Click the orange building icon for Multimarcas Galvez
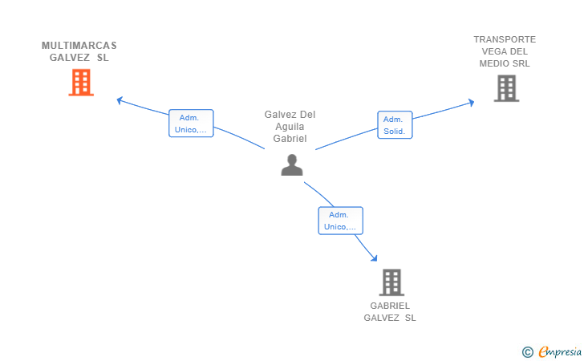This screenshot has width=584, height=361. [x=81, y=83]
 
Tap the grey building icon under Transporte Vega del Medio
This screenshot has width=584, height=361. [x=506, y=88]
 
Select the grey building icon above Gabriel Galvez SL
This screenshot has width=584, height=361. [x=391, y=282]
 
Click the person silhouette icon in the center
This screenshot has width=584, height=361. [x=292, y=164]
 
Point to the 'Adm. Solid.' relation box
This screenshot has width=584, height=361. [x=395, y=125]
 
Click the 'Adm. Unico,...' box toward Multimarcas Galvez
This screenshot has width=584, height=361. [x=191, y=124]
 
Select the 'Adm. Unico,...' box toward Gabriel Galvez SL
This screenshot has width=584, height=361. [x=340, y=221]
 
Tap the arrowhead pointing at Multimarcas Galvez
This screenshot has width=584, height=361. [x=120, y=100]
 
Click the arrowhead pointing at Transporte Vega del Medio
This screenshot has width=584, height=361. [x=472, y=103]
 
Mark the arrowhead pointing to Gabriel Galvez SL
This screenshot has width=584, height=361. [x=375, y=258]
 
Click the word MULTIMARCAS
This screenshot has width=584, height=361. [x=79, y=46]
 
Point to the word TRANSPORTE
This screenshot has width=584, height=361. [x=505, y=39]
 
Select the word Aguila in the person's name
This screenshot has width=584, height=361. [x=290, y=127]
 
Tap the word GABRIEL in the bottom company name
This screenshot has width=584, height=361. [x=390, y=306]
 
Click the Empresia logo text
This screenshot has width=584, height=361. [x=560, y=351]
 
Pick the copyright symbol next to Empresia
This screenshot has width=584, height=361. [x=527, y=352]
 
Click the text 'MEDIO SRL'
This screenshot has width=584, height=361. [x=505, y=63]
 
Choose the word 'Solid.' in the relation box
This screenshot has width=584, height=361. [x=395, y=131]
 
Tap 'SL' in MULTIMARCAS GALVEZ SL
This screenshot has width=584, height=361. [x=103, y=58]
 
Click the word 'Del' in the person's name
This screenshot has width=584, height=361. [x=308, y=115]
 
